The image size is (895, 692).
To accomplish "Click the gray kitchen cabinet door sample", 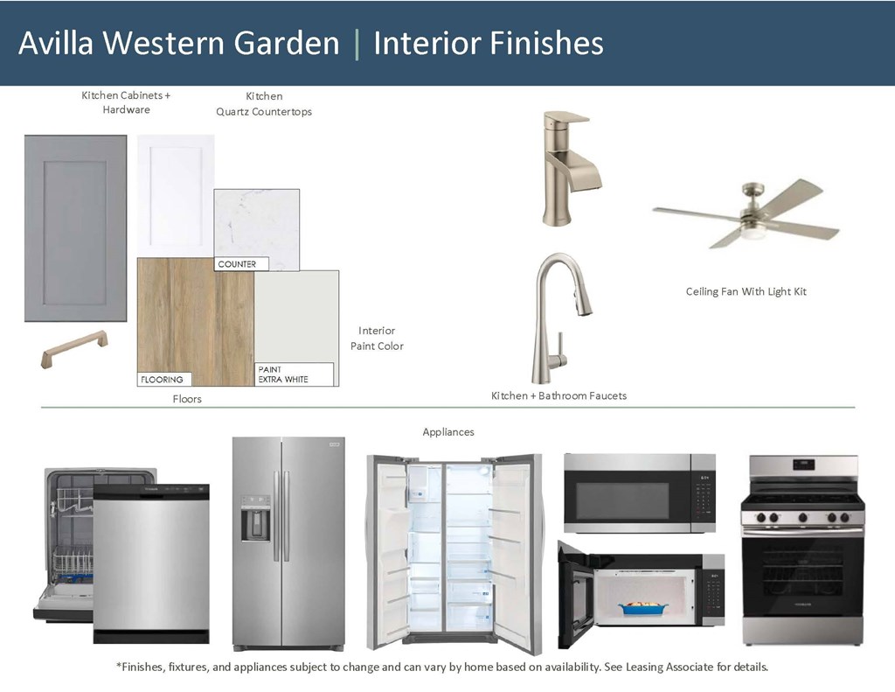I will [75, 227].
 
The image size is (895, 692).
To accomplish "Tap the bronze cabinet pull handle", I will [74, 349].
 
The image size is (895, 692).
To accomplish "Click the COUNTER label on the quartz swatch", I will [238, 263].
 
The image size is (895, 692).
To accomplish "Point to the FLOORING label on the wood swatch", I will [163, 380].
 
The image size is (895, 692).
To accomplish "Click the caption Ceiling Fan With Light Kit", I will [746, 291].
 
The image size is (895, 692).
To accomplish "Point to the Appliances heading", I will [447, 431].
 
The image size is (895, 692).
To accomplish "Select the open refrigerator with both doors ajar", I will [454, 551].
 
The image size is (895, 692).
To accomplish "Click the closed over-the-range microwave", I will [639, 493].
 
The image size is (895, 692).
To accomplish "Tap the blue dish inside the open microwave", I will [639, 606].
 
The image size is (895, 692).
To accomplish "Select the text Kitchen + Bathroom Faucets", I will [559, 396].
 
